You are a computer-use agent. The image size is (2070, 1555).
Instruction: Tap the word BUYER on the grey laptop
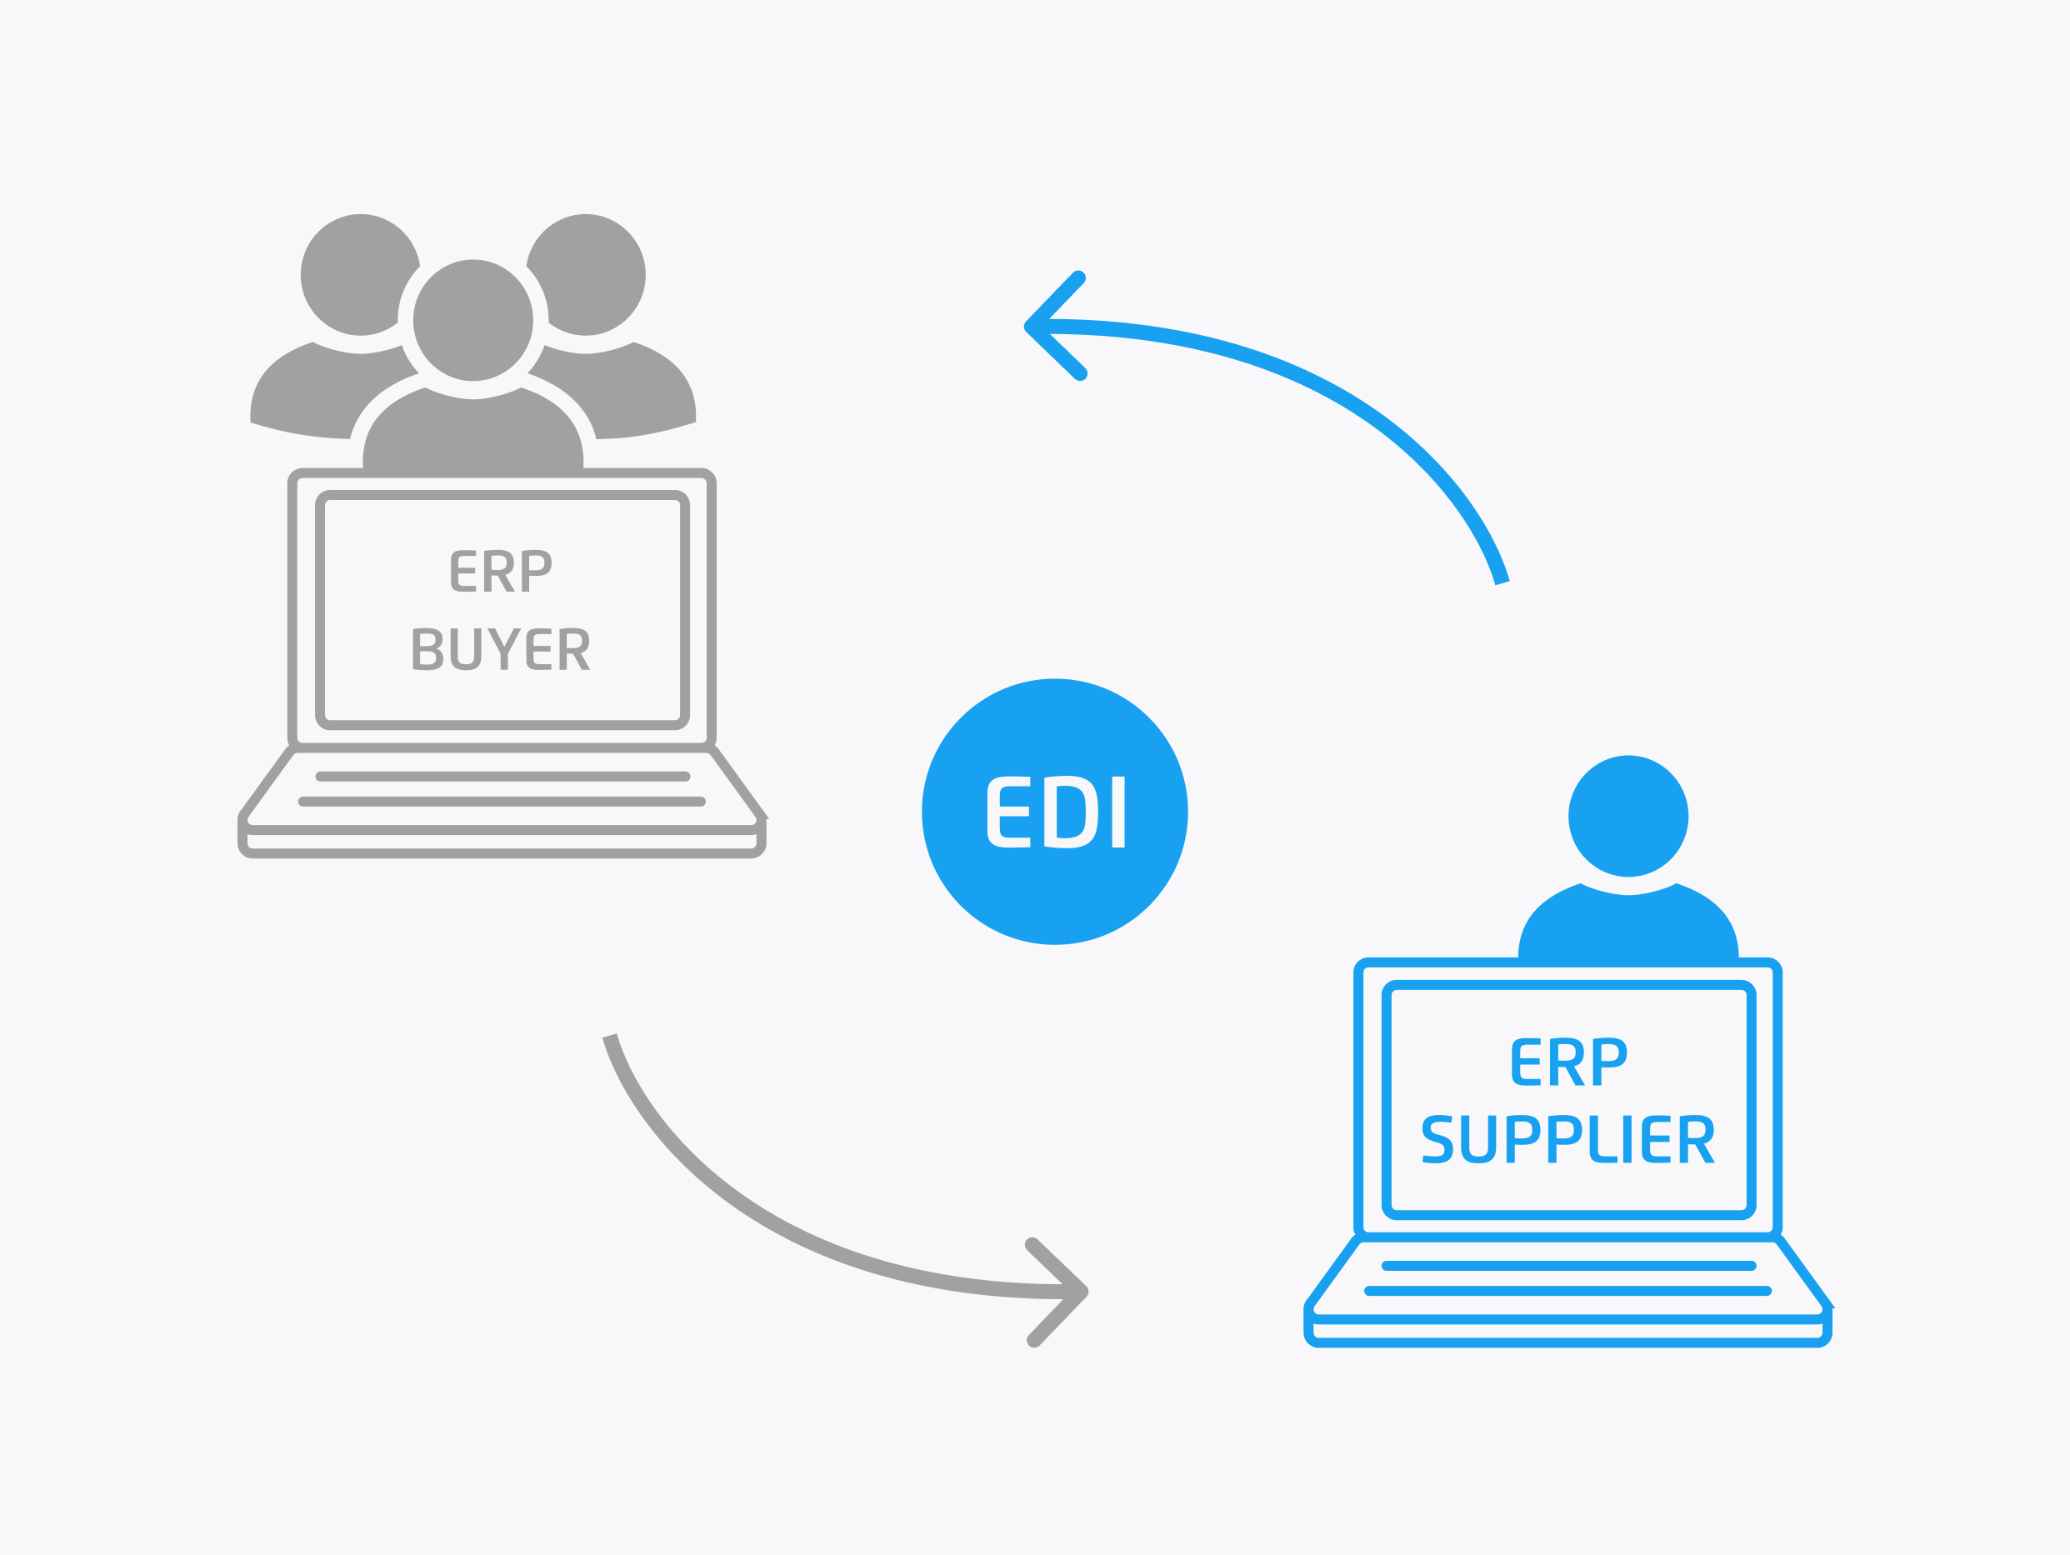point(501,648)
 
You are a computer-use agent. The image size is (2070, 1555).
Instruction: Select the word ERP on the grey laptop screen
point(501,571)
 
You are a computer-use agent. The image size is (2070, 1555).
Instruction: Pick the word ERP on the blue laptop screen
point(1568,1061)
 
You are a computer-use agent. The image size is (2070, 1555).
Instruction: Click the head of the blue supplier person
point(1628,816)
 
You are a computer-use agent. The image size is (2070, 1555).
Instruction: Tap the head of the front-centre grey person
point(473,320)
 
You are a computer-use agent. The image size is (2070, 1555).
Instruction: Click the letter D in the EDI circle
point(1070,812)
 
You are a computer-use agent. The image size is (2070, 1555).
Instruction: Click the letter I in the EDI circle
point(1117,812)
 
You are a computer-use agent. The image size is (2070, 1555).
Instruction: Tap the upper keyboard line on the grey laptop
point(503,777)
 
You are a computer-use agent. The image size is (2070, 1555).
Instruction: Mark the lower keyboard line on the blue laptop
point(1567,1291)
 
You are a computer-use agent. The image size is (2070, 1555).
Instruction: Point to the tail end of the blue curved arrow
point(1501,580)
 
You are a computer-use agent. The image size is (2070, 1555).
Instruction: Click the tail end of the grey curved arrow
point(610,1037)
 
